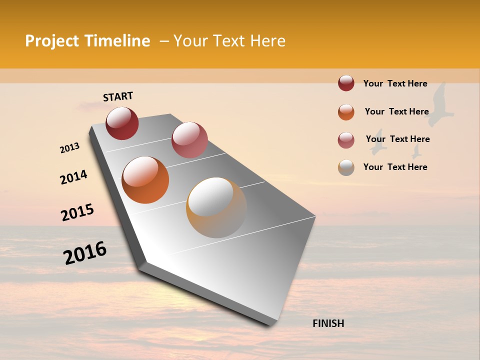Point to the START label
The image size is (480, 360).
118,96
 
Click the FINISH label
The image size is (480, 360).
328,323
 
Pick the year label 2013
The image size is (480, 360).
69,148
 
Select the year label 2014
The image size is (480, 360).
73,177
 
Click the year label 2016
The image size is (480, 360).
85,252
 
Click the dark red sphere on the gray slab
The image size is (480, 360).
122,123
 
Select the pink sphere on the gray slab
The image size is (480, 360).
189,139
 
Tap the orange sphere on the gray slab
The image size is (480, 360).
145,179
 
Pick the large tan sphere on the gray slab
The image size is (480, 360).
216,207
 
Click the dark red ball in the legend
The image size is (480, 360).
346,83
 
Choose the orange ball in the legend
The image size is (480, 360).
346,112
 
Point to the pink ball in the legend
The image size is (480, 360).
346,140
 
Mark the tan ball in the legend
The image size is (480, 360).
346,167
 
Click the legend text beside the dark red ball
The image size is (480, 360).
395,83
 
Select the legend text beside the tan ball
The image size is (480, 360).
395,167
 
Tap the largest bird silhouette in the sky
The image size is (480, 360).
440,105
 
